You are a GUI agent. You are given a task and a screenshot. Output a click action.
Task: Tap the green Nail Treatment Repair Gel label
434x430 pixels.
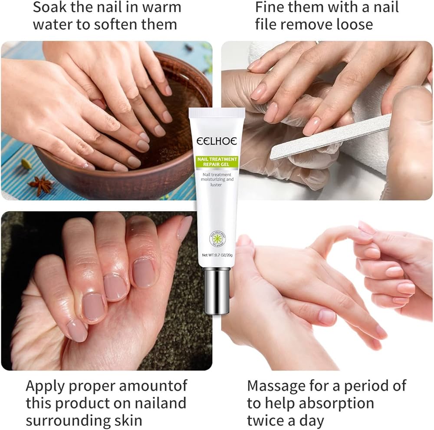(x=217, y=162)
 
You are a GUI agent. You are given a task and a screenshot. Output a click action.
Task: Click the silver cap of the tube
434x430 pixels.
(x=217, y=290)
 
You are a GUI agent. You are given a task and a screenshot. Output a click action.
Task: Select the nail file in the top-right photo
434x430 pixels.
(x=330, y=137)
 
